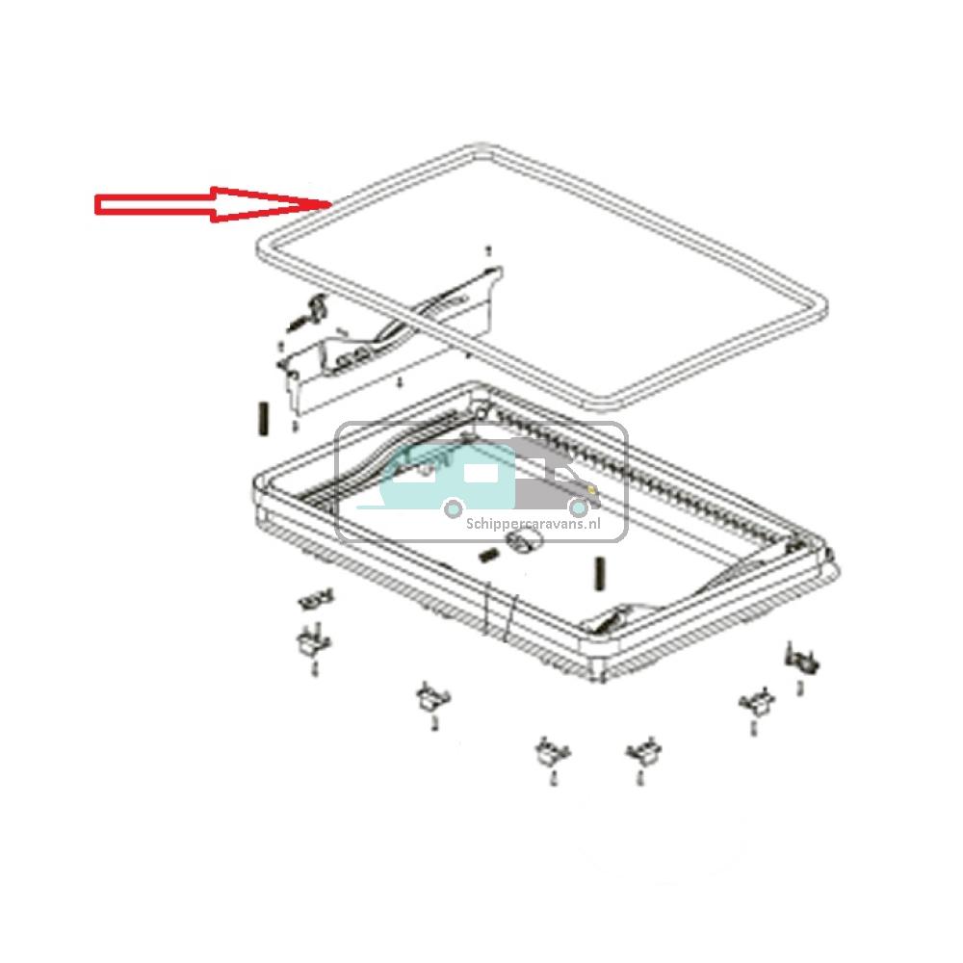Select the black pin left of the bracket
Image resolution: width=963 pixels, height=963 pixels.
[x=261, y=419]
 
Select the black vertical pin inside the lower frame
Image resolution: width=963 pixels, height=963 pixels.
[x=599, y=574]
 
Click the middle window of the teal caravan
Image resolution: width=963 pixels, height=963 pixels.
[x=478, y=474]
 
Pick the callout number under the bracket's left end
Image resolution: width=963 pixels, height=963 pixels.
[x=295, y=424]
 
